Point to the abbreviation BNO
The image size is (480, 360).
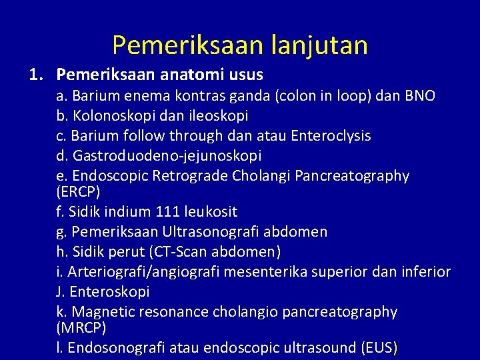tap(420, 96)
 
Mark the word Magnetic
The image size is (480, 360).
tap(101, 312)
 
